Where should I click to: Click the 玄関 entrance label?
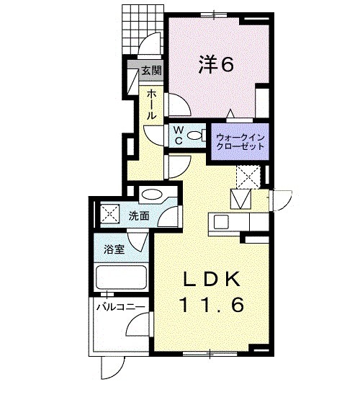point(152,70)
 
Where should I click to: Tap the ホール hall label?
point(152,105)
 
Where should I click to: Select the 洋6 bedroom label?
point(216,65)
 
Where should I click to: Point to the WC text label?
point(179,135)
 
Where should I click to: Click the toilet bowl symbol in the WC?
point(197,135)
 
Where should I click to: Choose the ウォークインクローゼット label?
point(240,142)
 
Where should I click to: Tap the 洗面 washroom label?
point(139,216)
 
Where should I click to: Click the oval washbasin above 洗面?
point(152,195)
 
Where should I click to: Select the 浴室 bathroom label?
point(114,249)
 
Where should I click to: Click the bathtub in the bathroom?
point(121,277)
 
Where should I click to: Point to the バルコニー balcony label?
point(121,307)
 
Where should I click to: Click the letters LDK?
point(212,280)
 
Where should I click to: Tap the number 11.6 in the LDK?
point(212,305)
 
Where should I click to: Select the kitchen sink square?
point(221,222)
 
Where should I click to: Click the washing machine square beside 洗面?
point(110,214)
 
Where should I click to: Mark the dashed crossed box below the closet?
point(248,177)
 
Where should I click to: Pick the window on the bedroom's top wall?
point(214,15)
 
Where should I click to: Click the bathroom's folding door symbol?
point(138,241)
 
